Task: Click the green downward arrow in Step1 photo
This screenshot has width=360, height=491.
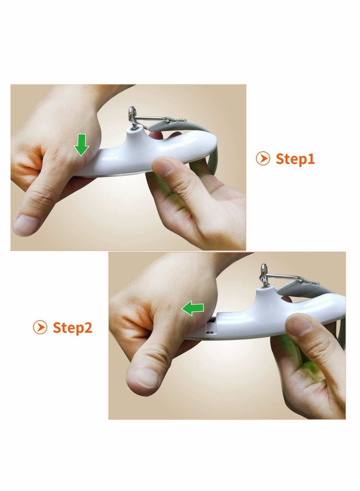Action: click(82, 144)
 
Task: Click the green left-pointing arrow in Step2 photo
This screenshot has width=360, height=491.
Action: click(193, 309)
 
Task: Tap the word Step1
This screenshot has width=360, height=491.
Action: click(295, 159)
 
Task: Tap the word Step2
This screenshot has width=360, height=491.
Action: click(72, 328)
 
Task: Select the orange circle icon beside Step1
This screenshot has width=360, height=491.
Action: click(263, 158)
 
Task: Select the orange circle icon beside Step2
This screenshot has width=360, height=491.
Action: click(40, 327)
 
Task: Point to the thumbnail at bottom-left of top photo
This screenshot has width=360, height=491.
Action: click(26, 225)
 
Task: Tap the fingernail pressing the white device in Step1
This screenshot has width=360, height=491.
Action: click(163, 167)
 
